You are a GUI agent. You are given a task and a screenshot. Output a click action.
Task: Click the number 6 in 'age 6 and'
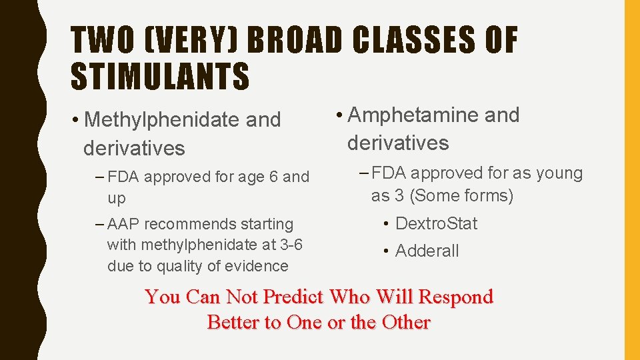(273, 177)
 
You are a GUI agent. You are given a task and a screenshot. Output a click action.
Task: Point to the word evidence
(256, 266)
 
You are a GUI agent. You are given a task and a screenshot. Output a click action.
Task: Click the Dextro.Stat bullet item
(436, 223)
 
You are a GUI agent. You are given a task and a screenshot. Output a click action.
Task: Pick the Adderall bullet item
(427, 251)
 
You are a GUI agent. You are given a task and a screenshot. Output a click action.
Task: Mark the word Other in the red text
(405, 322)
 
